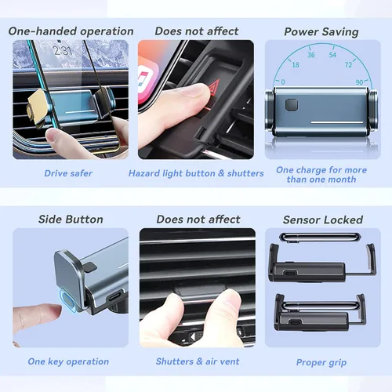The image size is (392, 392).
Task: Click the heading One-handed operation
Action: click(71, 31)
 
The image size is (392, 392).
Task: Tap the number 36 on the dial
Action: click(311, 55)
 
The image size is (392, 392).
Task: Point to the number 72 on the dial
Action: click(348, 64)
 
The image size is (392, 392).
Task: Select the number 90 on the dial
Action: click(359, 82)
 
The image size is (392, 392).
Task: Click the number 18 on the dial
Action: click(296, 65)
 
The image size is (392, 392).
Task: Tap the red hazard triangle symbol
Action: click(213, 89)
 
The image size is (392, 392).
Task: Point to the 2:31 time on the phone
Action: click(62, 50)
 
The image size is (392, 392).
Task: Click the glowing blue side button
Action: click(67, 300)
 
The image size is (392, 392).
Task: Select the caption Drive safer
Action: click(68, 173)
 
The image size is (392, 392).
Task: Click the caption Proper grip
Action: click(321, 362)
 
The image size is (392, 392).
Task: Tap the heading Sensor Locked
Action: click(323, 220)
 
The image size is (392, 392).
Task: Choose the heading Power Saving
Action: click(321, 32)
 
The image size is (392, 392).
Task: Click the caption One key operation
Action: click(68, 361)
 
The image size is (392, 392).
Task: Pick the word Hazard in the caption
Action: click(144, 173)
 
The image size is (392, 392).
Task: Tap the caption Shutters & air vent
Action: click(198, 361)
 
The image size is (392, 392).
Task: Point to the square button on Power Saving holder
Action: click(292, 105)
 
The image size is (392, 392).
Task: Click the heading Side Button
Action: click(71, 220)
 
